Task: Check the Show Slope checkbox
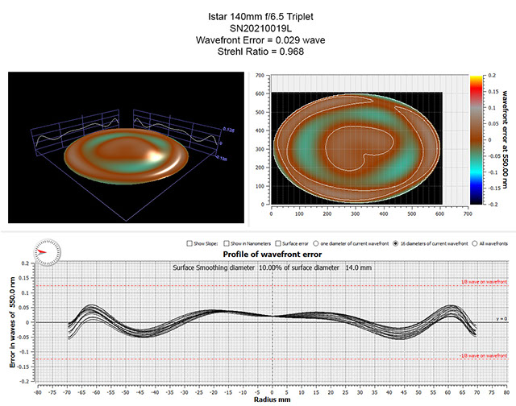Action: click(x=187, y=242)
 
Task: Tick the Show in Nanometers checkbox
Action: click(x=227, y=242)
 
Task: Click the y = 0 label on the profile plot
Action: click(x=500, y=321)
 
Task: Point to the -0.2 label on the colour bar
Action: click(x=489, y=205)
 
